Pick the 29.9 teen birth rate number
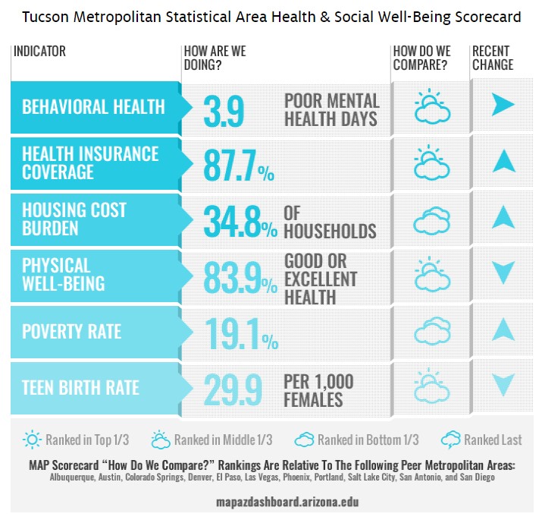pyautogui.click(x=233, y=389)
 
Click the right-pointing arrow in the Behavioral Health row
pyautogui.click(x=503, y=106)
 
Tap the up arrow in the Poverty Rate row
pyautogui.click(x=503, y=329)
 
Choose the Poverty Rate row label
pyautogui.click(x=71, y=332)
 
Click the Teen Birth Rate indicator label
pyautogui.click(x=80, y=388)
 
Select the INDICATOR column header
pyautogui.click(x=39, y=52)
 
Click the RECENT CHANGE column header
pyautogui.click(x=493, y=58)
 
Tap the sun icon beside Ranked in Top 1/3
pyautogui.click(x=33, y=440)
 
